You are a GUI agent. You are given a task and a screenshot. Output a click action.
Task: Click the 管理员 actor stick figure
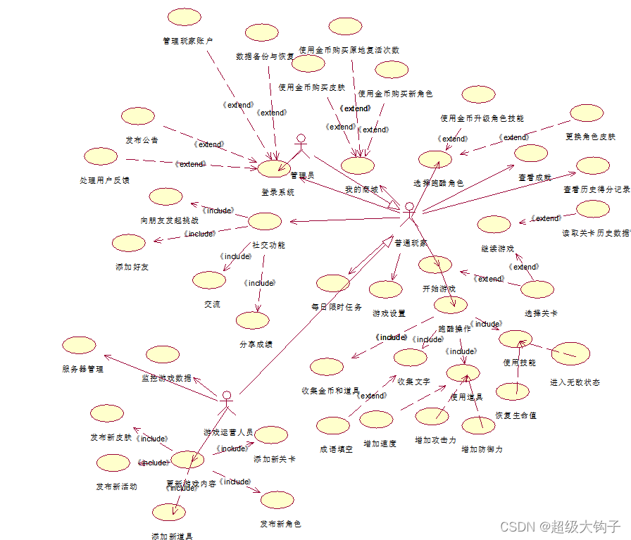click(x=302, y=148)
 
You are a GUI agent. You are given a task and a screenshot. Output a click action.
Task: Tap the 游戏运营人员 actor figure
click(x=226, y=405)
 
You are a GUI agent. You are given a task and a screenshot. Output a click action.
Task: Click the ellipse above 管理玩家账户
click(x=185, y=18)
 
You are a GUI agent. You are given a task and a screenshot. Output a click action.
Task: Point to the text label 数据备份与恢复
click(x=265, y=56)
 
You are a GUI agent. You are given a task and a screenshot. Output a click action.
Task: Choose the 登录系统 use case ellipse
click(x=274, y=168)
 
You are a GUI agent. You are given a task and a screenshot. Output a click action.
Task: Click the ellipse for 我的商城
click(x=358, y=165)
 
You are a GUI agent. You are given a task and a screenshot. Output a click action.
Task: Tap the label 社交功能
click(x=268, y=246)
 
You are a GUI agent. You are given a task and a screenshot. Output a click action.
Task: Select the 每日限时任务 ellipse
click(x=333, y=283)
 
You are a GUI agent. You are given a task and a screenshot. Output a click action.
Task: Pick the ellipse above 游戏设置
click(x=385, y=289)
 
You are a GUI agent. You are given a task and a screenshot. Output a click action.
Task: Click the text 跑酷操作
click(x=454, y=329)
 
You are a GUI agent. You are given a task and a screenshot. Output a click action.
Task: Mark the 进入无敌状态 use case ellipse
click(x=570, y=354)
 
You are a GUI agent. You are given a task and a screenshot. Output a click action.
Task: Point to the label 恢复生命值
click(x=516, y=415)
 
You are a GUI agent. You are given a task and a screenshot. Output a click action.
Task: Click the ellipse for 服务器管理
click(x=79, y=345)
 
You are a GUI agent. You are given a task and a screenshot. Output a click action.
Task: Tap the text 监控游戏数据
click(x=166, y=378)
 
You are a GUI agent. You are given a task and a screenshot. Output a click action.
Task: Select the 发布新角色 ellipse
click(x=277, y=501)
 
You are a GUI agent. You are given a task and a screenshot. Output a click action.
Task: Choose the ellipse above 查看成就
click(x=531, y=153)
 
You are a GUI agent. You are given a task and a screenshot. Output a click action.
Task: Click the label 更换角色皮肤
click(x=590, y=137)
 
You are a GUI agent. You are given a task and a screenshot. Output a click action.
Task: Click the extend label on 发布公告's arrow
click(x=209, y=144)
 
